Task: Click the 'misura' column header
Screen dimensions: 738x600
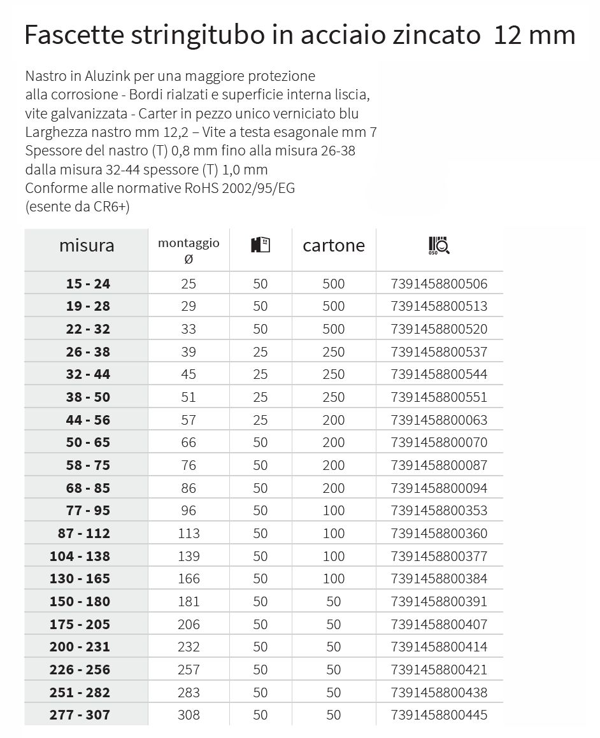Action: [x=87, y=246]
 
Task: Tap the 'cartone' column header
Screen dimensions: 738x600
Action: [x=334, y=246]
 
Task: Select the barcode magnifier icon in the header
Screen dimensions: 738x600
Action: [x=439, y=246]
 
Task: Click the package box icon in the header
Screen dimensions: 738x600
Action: [x=260, y=245]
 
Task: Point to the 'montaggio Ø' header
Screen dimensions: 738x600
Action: [x=189, y=250]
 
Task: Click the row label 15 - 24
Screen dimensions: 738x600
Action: [x=88, y=283]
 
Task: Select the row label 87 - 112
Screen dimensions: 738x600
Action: [x=83, y=534]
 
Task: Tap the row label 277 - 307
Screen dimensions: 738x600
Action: [x=80, y=715]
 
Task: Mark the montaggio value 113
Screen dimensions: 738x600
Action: [x=189, y=534]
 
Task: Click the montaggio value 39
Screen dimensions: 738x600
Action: [x=189, y=351]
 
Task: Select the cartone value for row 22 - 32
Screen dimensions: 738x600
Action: [x=334, y=329]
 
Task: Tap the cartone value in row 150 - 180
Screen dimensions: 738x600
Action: [x=334, y=602]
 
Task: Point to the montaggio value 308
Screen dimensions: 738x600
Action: [x=189, y=715]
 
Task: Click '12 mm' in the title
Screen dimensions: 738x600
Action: [x=534, y=34]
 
